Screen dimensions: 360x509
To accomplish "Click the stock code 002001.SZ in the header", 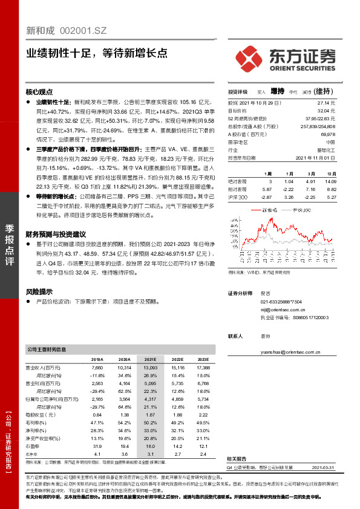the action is point(84,29).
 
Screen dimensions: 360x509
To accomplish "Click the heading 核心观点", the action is point(39,92).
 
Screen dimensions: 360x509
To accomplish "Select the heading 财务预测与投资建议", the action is point(56,233).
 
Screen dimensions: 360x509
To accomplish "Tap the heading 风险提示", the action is point(39,291).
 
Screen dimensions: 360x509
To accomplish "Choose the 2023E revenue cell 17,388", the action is point(203,367).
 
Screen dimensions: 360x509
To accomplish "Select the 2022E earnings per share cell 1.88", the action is point(178,415).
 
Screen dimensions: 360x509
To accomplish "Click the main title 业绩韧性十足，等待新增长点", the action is point(97,53).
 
